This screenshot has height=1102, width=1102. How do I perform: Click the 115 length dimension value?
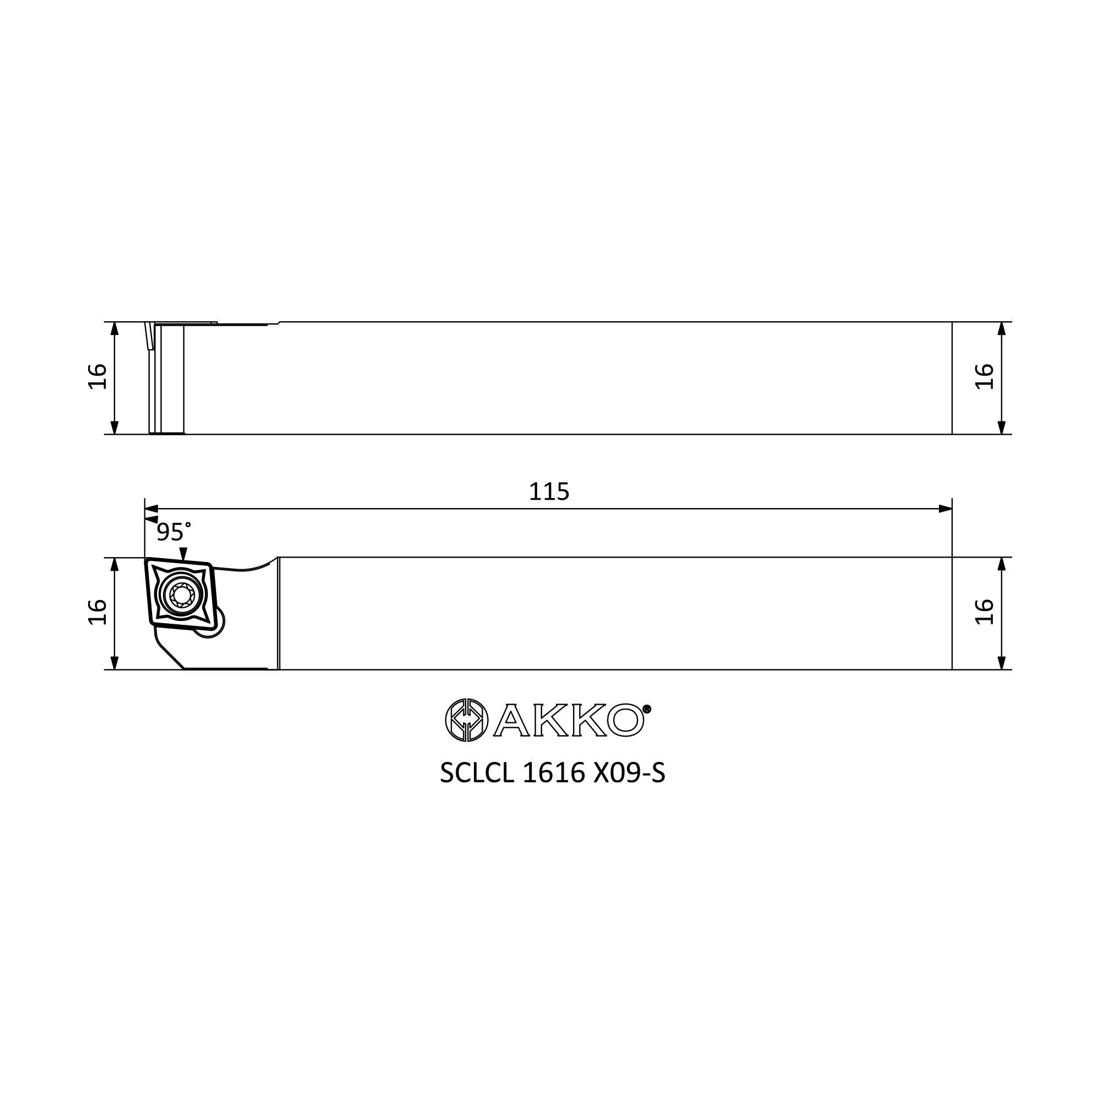click(x=549, y=491)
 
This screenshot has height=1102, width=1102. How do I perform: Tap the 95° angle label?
click(x=174, y=532)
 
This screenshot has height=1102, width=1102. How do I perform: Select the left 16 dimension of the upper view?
click(x=98, y=376)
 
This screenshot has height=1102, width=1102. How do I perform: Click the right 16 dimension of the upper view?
click(x=985, y=376)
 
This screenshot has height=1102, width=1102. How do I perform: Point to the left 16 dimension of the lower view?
click(x=98, y=612)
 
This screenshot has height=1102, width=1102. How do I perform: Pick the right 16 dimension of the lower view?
click(x=985, y=612)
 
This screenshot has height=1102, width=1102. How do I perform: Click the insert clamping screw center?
click(x=182, y=596)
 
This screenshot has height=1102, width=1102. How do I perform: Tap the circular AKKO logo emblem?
click(x=467, y=720)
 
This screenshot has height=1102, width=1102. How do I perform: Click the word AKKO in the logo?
click(x=569, y=720)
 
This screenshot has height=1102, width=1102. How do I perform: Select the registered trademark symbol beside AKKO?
click(x=647, y=709)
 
